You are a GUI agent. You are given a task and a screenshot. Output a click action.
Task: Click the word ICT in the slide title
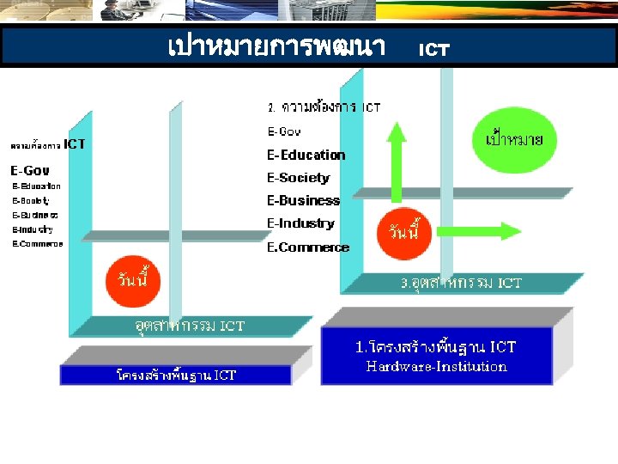433,50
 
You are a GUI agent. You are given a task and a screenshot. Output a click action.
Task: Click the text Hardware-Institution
436,367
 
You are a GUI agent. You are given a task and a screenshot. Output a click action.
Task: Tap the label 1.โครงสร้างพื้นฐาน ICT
436,347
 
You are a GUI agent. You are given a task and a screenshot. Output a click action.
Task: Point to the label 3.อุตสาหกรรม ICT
462,283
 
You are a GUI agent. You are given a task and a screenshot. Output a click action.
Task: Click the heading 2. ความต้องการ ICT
324,107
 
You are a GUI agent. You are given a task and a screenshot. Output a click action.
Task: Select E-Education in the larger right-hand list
306,156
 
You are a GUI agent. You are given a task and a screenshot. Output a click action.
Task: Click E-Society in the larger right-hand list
298,178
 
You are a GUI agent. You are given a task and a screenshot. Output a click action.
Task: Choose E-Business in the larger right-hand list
303,201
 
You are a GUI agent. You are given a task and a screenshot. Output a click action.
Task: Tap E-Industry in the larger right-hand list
300,223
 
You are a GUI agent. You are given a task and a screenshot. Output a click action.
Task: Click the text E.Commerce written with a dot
308,247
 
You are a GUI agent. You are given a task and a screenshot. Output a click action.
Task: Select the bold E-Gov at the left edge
30,170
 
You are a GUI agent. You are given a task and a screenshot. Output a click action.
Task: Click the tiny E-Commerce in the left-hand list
37,244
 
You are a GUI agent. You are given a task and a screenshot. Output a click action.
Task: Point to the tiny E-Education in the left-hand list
36,186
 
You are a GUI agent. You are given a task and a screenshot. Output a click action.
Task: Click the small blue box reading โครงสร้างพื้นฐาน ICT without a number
176,375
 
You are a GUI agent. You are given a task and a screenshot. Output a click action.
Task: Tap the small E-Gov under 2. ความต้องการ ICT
284,132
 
